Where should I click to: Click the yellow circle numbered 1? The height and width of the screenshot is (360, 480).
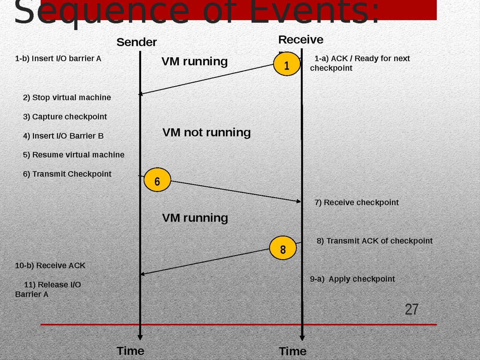coord(287,64)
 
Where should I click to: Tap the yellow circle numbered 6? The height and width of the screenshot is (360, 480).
coord(157,180)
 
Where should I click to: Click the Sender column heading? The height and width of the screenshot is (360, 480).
coord(136,42)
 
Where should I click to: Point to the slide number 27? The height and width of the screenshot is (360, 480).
coord(411,309)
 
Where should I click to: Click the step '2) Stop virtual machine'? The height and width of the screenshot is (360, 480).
coord(67,97)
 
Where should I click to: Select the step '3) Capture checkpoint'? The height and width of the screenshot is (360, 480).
coord(65,117)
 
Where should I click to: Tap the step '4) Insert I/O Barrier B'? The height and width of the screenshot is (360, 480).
coord(63,136)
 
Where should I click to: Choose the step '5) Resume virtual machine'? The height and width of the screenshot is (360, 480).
coord(73,155)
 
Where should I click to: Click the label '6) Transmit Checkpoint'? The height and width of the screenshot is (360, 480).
coord(67,174)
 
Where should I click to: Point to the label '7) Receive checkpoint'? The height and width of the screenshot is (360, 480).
coord(356,202)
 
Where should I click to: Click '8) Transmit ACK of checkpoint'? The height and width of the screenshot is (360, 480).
coord(374,241)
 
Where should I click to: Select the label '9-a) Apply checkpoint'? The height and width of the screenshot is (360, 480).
coord(352,279)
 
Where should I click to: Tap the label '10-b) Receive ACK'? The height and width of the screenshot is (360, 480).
coord(50,265)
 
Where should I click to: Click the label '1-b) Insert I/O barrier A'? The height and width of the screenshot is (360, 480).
coord(58,58)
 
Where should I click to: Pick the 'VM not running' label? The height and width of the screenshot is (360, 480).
coord(206,132)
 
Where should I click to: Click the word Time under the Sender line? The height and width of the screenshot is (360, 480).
coord(130,351)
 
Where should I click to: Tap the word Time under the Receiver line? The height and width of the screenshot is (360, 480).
coord(292,351)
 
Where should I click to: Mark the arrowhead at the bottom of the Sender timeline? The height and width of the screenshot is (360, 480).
coord(140,337)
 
